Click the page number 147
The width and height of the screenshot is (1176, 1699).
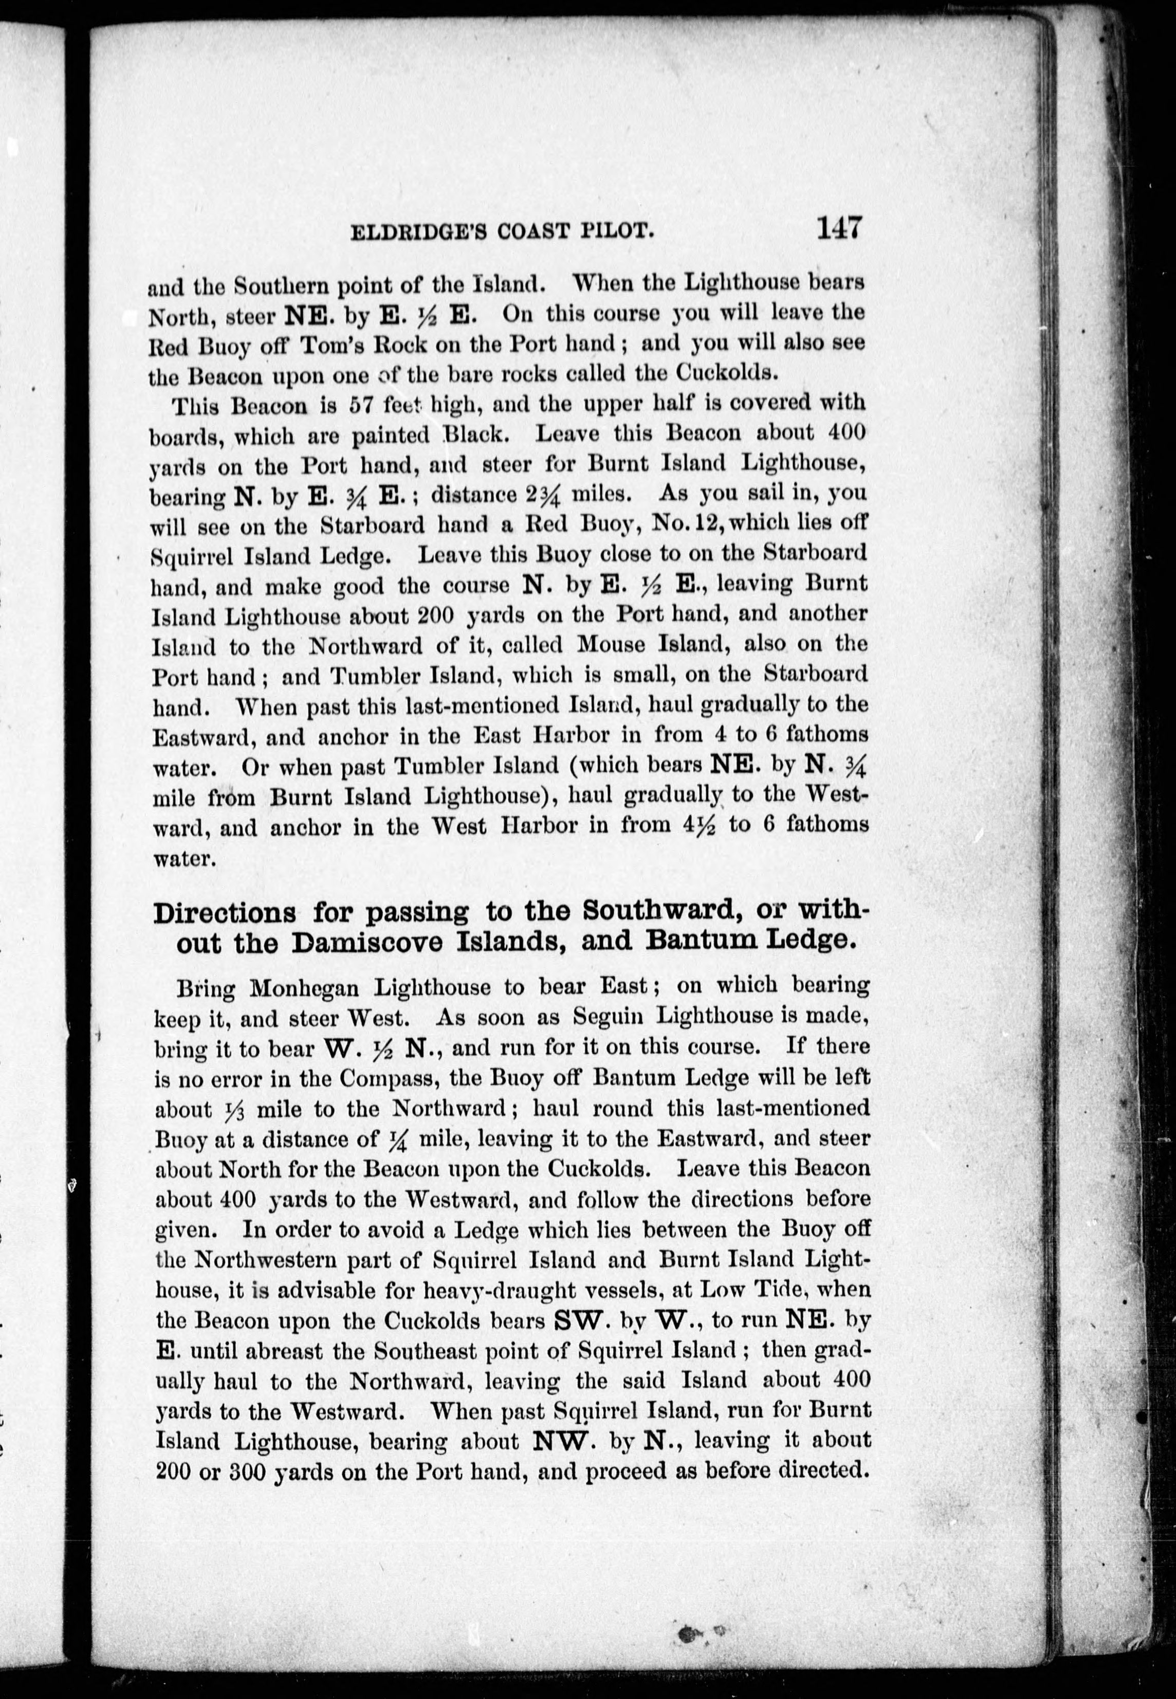click(x=838, y=227)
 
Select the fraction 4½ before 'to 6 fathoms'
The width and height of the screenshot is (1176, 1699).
click(x=697, y=825)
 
